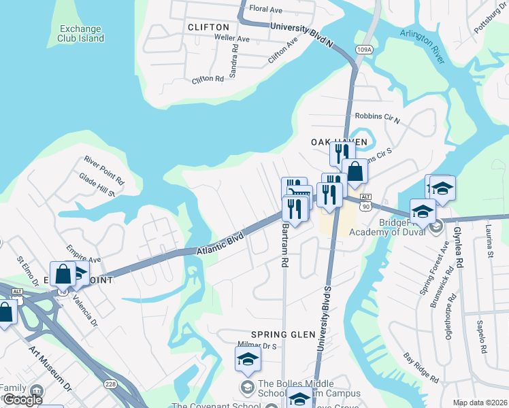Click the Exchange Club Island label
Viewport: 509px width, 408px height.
(x=81, y=33)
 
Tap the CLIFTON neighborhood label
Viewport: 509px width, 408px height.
(x=208, y=27)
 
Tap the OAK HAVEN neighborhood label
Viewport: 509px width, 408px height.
(x=339, y=142)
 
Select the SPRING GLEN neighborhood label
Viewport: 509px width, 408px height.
(x=280, y=335)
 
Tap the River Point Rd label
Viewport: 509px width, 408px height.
(x=104, y=171)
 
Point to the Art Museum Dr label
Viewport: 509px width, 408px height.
(x=50, y=368)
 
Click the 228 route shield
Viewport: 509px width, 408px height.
(x=110, y=385)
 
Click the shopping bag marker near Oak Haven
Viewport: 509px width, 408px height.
(x=355, y=171)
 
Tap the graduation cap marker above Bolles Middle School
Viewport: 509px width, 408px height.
(x=248, y=359)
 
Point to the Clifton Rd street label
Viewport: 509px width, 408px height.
(x=208, y=80)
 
